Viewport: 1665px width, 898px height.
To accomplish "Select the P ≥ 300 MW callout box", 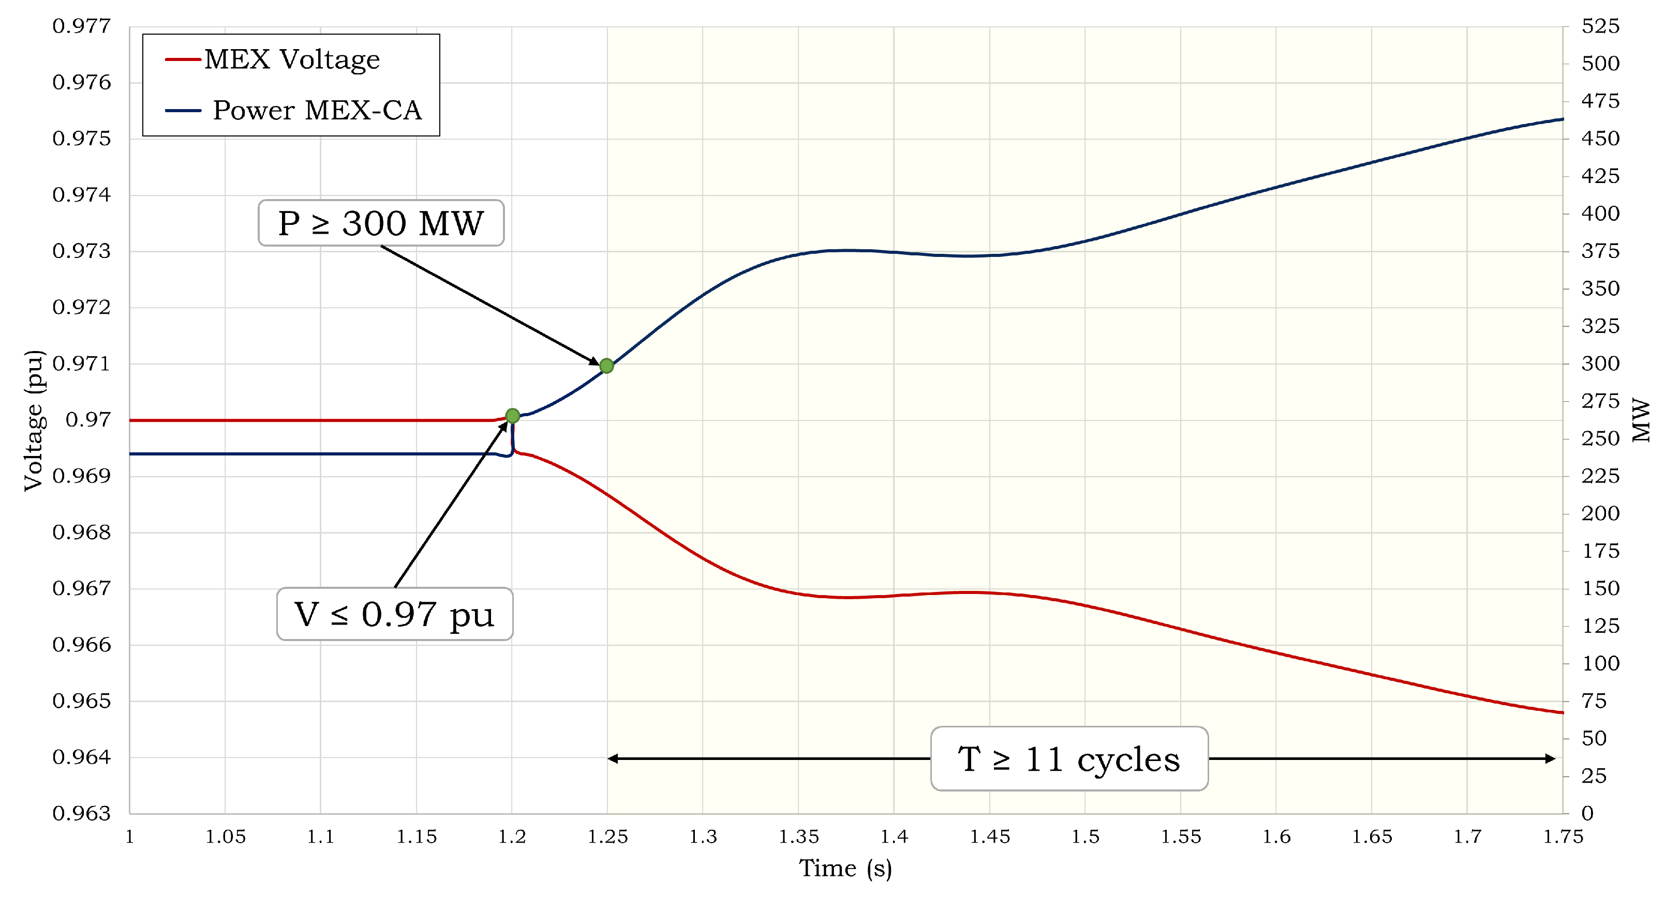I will coord(381,223).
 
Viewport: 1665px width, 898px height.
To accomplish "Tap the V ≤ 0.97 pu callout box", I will coord(394,614).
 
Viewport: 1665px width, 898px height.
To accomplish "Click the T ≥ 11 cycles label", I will coord(1069,759).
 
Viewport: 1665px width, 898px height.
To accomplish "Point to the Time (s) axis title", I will coord(845,869).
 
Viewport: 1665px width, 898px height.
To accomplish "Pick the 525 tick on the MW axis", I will coord(1600,26).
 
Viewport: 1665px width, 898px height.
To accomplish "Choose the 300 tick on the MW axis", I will coord(1600,364).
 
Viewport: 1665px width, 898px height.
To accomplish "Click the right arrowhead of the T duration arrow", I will coord(1551,759).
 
